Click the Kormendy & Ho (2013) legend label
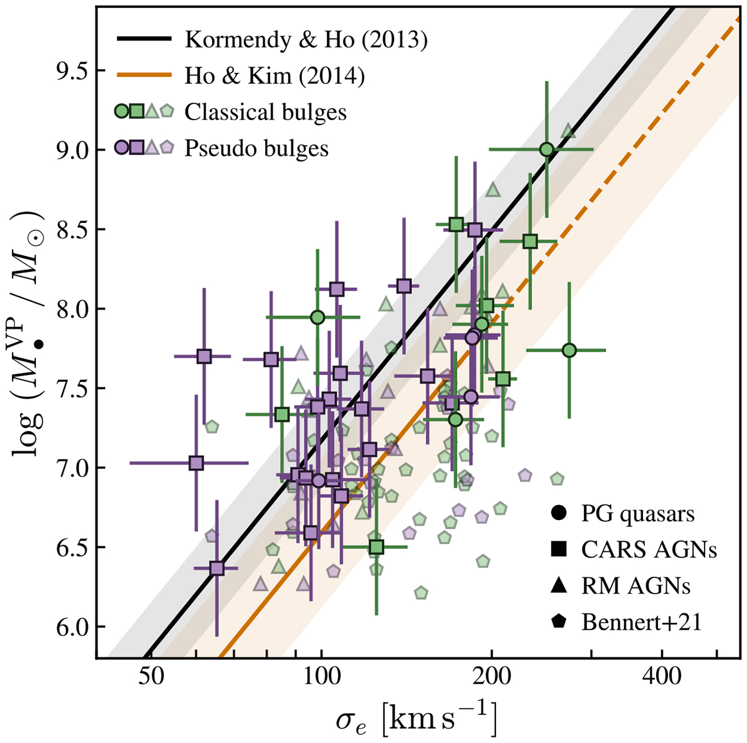pos(306,39)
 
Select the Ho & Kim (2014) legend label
pos(275,76)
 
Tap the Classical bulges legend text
pos(266,112)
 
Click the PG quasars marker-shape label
pos(638,514)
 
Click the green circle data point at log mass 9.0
pos(547,149)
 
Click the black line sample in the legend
pos(144,39)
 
